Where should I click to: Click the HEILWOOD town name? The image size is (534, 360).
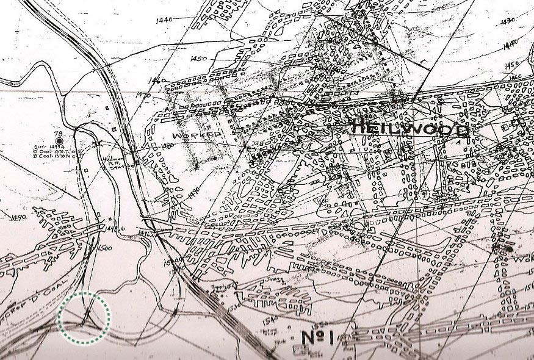click(x=411, y=129)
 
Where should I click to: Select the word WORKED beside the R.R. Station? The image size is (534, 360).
click(x=196, y=135)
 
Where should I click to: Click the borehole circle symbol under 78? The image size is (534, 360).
click(x=59, y=140)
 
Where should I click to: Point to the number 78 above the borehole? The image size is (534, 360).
click(x=59, y=133)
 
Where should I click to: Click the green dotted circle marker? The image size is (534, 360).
click(x=85, y=317)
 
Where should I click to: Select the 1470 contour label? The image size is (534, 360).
click(x=143, y=95)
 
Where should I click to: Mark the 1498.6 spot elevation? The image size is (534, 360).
click(x=112, y=229)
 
